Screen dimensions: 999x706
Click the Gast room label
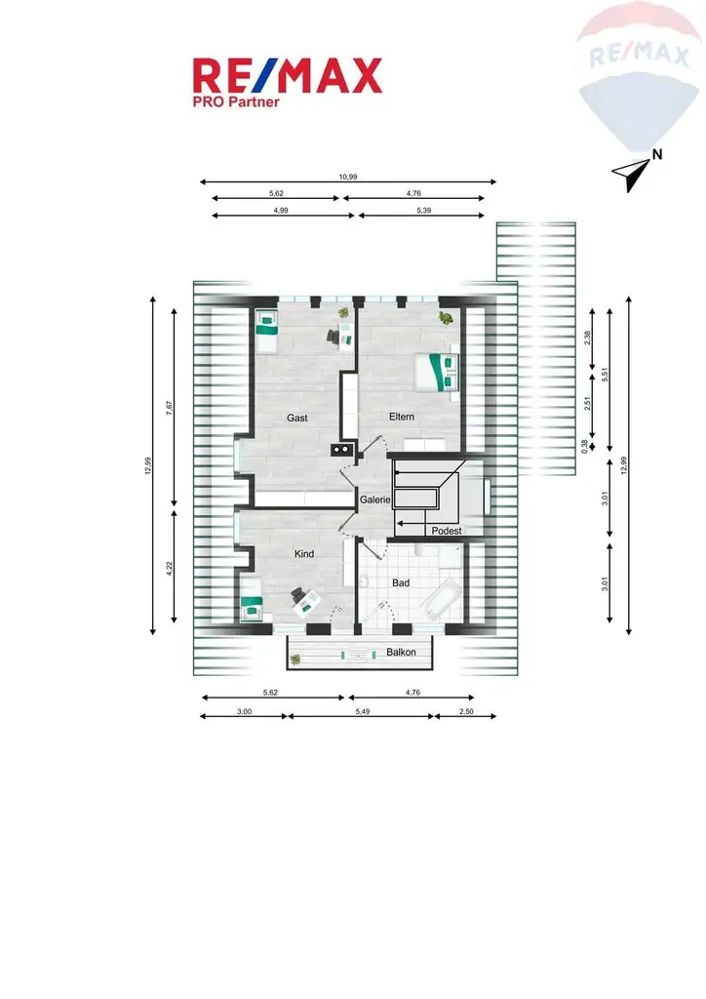point(297,418)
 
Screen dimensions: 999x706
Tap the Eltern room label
point(402,417)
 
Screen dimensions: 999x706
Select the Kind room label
point(304,554)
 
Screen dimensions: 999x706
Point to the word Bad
point(401,583)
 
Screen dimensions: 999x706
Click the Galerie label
point(374,499)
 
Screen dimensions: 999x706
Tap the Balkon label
point(401,652)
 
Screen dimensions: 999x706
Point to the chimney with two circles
point(341,450)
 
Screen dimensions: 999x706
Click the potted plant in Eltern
point(445,316)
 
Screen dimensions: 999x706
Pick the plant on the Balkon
point(295,659)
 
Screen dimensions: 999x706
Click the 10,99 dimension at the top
point(347,177)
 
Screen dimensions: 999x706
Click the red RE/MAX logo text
point(289,76)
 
